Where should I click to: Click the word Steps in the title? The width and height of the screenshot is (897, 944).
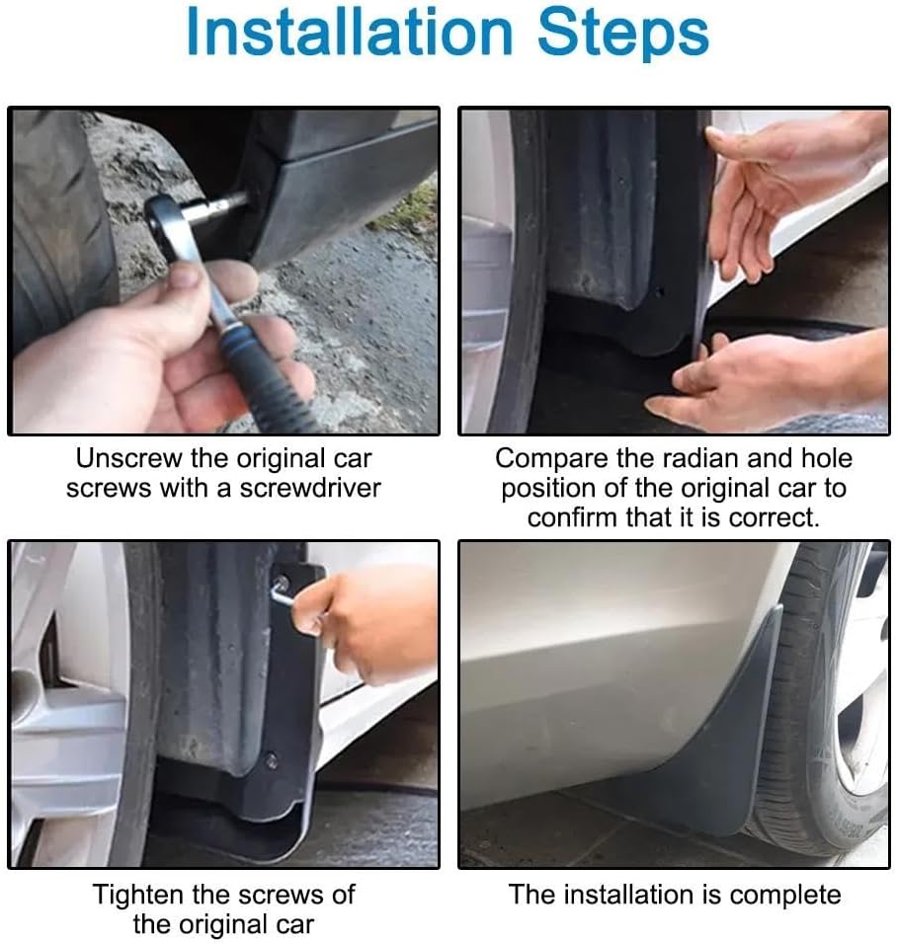[623, 35]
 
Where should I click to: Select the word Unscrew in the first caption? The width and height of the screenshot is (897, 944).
[128, 459]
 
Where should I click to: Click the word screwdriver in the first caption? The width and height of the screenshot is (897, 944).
[310, 488]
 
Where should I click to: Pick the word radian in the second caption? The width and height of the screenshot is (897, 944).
[700, 459]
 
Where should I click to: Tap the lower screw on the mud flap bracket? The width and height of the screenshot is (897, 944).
[273, 760]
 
